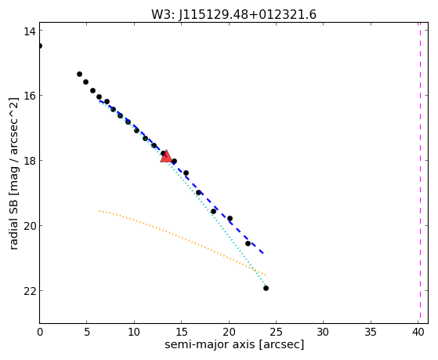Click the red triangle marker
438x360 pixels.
[166, 157]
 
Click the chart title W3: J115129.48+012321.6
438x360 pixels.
[233, 15]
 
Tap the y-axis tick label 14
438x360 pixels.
[29, 31]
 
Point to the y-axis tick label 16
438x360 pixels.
[29, 96]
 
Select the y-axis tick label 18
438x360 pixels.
[29, 161]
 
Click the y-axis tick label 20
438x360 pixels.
[29, 225]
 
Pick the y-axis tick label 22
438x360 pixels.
[29, 291]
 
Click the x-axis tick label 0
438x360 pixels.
[40, 333]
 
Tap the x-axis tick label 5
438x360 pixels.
[87, 333]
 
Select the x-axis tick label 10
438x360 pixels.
[134, 333]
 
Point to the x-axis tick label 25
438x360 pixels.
[276, 333]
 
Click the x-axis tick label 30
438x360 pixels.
[323, 333]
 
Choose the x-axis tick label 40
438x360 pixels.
[418, 333]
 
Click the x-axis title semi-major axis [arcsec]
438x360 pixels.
[234, 344]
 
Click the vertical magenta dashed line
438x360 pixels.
[420, 173]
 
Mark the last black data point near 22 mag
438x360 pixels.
[266, 288]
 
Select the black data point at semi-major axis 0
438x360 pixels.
[40, 45]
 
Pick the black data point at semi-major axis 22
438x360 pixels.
[248, 244]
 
